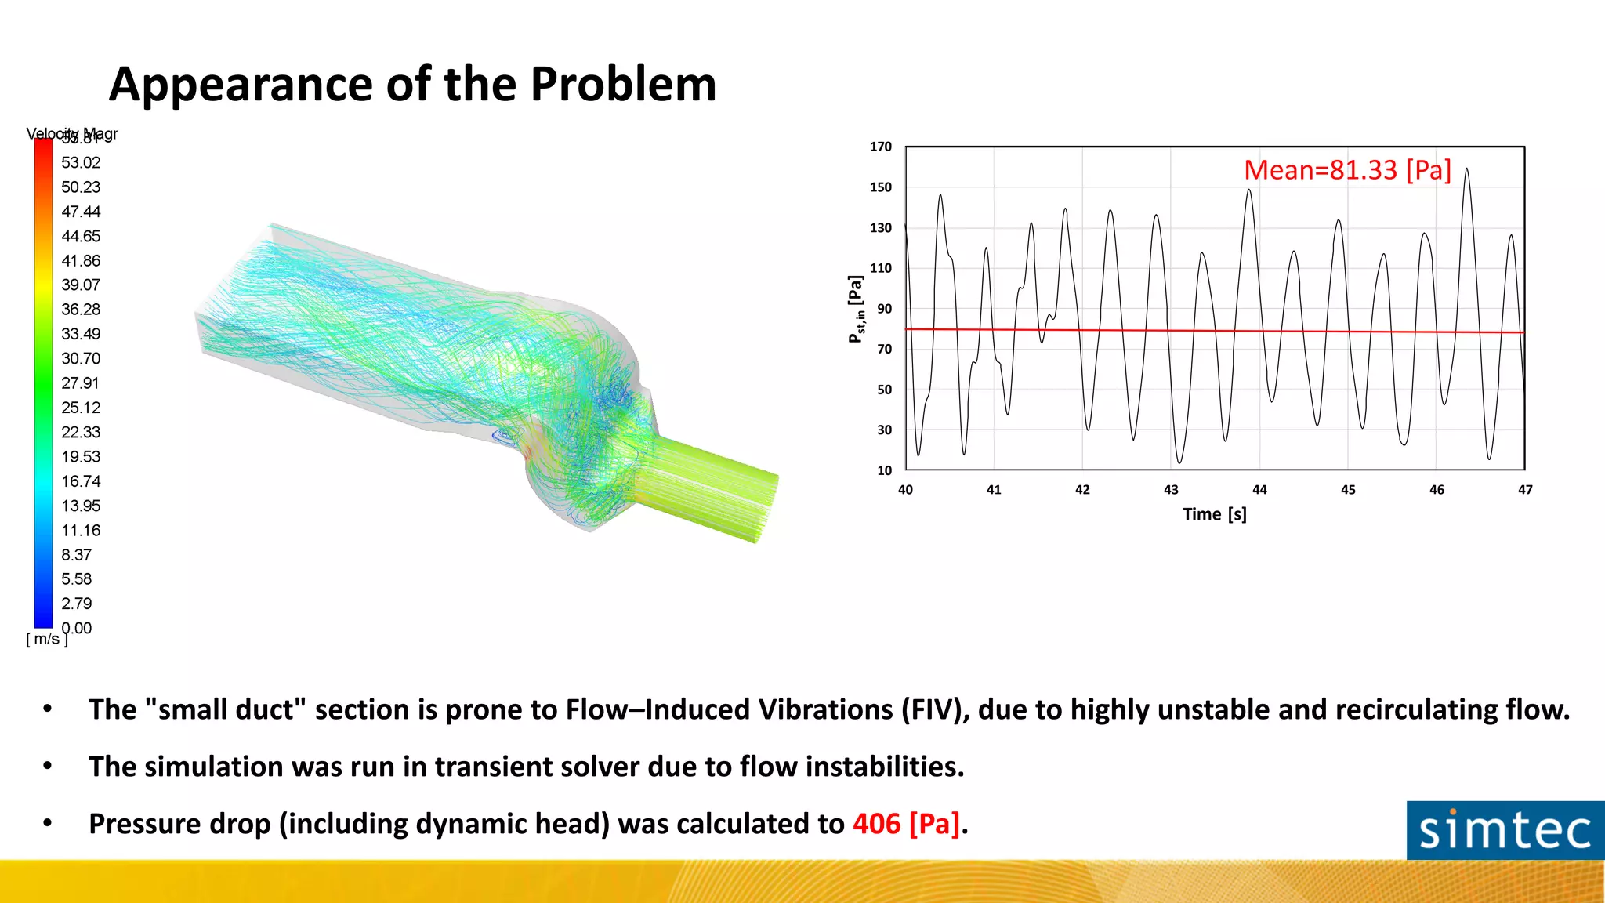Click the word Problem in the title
(622, 85)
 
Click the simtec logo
(1505, 831)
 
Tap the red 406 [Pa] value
(906, 824)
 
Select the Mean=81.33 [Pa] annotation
(1347, 170)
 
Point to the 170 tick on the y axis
(881, 147)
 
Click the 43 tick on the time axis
(1171, 490)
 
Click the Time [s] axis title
(1214, 514)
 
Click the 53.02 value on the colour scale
(81, 163)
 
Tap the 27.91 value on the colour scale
(81, 383)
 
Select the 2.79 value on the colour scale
(77, 604)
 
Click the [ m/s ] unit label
(47, 640)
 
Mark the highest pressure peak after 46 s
(1466, 169)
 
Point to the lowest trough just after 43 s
(1179, 462)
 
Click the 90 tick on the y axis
(884, 309)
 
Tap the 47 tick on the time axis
(1525, 490)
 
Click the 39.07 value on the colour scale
(81, 285)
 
